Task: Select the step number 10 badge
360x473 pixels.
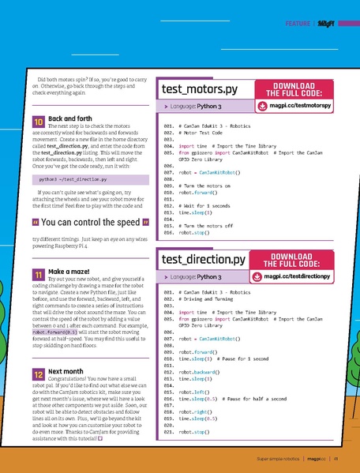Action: pyautogui.click(x=39, y=122)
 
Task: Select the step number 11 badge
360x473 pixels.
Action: pyautogui.click(x=39, y=274)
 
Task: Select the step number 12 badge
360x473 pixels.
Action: pyautogui.click(x=39, y=374)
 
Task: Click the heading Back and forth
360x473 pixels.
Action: pyautogui.click(x=69, y=118)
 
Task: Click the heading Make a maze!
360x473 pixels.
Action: pyautogui.click(x=69, y=271)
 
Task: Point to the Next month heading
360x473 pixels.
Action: pyautogui.click(x=66, y=370)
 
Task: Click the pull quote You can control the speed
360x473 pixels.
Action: pyautogui.click(x=91, y=221)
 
